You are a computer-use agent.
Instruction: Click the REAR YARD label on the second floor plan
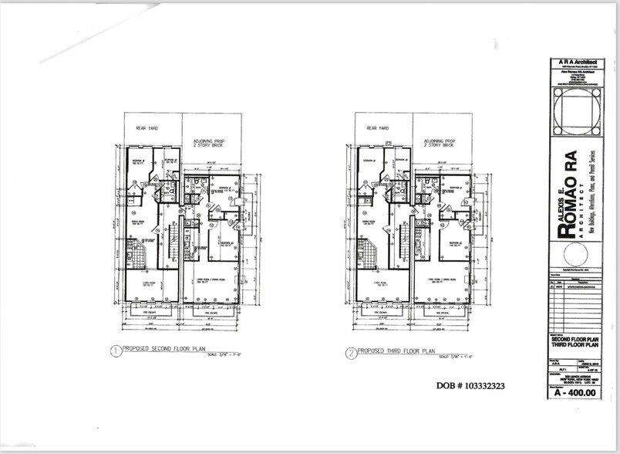[147, 128]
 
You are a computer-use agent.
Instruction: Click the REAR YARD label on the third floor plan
[377, 128]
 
